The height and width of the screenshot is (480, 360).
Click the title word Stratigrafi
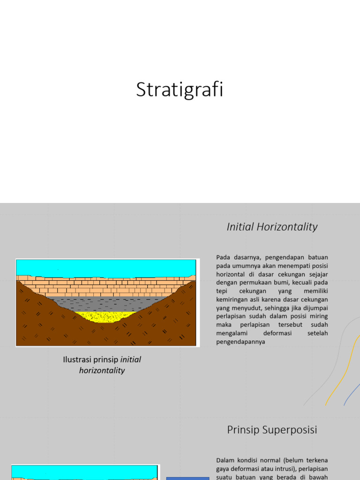[180, 90]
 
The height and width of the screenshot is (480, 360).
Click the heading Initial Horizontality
[272, 227]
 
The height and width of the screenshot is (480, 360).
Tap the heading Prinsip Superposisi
[272, 429]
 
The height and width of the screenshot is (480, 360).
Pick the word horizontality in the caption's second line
[102, 370]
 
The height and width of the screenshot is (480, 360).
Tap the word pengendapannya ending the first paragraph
[240, 342]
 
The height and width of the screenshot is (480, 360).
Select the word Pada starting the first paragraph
[224, 257]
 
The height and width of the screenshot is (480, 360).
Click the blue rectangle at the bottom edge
[187, 478]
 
